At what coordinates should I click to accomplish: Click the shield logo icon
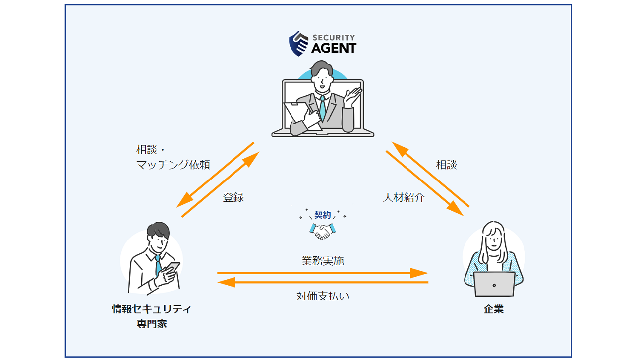coord(298,44)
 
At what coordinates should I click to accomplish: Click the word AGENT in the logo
coord(334,48)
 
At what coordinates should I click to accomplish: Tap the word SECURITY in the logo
coord(334,37)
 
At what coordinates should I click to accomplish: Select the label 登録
coord(233,197)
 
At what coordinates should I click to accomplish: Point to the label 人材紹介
coord(404,197)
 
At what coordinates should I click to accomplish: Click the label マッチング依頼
coord(173,165)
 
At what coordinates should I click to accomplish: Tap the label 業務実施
coord(323,260)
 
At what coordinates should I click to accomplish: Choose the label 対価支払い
coord(323,296)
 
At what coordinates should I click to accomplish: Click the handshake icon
coord(323,231)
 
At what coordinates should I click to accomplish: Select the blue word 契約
coord(323,215)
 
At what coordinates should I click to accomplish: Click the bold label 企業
coord(493,309)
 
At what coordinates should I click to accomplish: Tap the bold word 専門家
coord(152,324)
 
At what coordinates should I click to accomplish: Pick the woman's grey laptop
coord(494,284)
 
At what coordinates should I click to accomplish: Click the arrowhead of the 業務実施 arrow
coord(419,273)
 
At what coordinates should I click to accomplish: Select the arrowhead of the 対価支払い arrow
coord(227,282)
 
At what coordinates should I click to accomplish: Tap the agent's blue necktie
coord(323,108)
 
